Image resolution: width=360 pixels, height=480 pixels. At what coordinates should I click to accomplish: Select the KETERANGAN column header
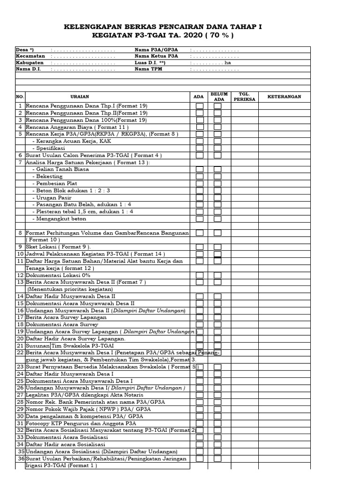[x=284, y=97]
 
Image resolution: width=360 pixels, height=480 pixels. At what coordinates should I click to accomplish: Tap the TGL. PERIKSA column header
[x=244, y=97]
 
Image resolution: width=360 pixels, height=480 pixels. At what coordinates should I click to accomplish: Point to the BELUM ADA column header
[x=219, y=97]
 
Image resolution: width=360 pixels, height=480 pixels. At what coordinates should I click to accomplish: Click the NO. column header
[x=20, y=97]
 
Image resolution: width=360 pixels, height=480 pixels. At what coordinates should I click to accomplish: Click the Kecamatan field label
[x=30, y=56]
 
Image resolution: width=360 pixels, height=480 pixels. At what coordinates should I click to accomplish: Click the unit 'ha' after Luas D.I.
[x=228, y=62]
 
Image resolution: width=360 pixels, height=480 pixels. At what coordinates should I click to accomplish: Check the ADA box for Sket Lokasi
[x=200, y=247]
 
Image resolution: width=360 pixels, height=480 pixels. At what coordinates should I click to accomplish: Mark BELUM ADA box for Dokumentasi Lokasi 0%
[x=217, y=275]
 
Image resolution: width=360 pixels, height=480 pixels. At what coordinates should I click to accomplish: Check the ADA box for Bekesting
[x=200, y=176]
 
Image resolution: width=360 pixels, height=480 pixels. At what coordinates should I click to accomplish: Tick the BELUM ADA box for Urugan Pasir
[x=217, y=197]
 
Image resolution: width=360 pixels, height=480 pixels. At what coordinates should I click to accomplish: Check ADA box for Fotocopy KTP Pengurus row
[x=200, y=423]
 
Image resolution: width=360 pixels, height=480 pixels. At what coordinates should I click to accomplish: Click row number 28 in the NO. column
[x=20, y=402]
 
